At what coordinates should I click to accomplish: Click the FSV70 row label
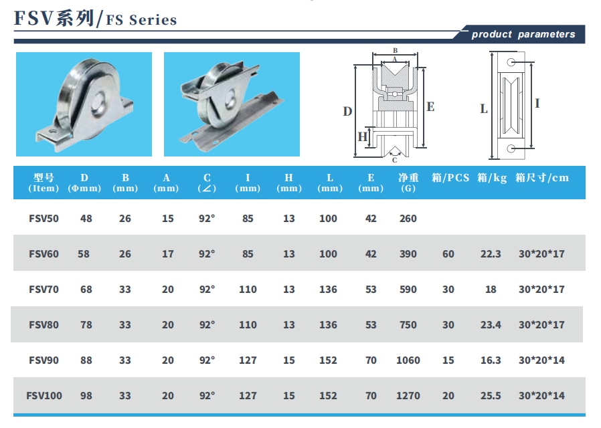coord(44,289)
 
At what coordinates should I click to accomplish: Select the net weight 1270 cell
coord(408,395)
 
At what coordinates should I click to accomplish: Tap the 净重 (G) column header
coord(408,183)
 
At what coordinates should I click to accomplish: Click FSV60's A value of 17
coord(167,254)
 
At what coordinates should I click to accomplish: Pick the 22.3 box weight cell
coord(491,254)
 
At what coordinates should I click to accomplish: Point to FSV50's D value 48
coord(86,218)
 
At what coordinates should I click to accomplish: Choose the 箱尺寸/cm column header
coord(542,178)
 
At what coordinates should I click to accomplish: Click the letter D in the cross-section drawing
coord(347,112)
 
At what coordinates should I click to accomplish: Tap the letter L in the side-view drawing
coord(484,109)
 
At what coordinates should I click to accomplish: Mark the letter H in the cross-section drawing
coord(363,136)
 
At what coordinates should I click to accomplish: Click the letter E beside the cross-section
coord(430,107)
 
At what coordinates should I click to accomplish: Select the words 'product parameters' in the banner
coord(523,34)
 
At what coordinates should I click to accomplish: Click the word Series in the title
coord(153,20)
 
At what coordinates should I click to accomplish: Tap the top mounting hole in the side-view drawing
coord(511,62)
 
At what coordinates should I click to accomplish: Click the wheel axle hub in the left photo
coord(98,102)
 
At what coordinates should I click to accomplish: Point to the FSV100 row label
coord(44,395)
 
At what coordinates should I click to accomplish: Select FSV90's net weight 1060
coord(408,360)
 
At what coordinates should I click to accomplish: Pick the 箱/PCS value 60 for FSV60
coord(448,254)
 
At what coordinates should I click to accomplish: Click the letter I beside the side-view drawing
coord(537,104)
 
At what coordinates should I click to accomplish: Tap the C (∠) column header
coord(207,183)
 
